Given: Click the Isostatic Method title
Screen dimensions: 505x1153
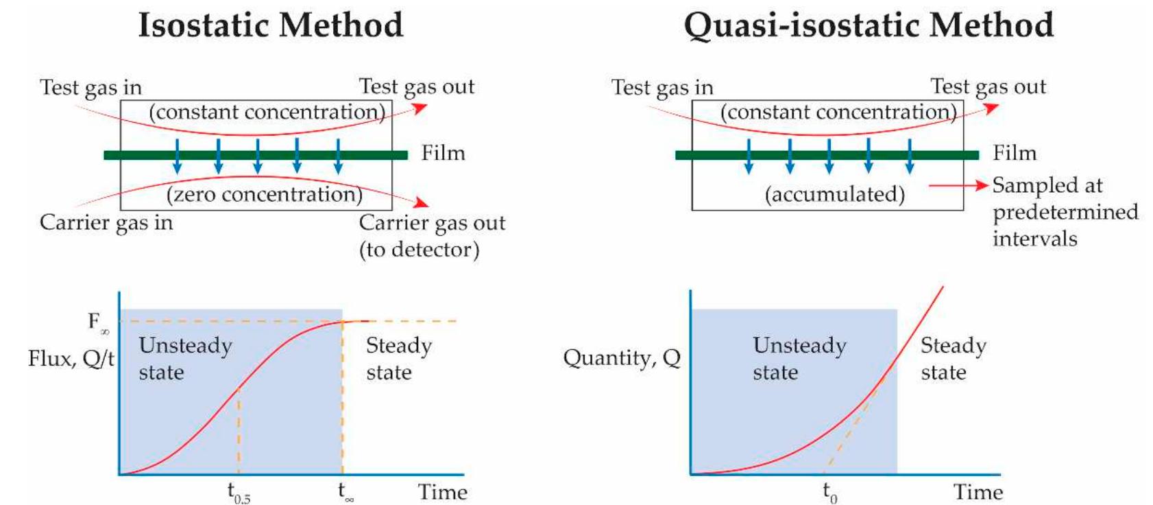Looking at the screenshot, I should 270,25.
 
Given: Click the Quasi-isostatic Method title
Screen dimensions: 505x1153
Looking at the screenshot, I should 868,25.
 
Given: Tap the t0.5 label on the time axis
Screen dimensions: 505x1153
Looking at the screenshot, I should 239,493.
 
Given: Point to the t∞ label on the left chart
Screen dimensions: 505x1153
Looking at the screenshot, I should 345,492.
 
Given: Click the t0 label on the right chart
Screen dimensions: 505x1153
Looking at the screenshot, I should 829,493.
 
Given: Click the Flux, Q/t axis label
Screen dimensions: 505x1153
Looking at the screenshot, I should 71,358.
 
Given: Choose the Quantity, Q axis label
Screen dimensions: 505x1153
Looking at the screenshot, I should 622,358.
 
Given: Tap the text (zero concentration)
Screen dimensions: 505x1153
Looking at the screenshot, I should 264,194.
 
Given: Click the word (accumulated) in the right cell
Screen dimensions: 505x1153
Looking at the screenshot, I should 834,194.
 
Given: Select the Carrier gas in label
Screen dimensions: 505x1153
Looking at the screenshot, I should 106,223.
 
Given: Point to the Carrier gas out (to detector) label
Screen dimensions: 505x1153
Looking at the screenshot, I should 431,236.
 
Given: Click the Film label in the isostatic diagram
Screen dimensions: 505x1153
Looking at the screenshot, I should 443,153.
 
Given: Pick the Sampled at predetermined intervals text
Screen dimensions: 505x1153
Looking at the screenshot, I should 1065,211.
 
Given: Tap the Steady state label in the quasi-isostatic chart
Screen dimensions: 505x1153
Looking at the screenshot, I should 953,358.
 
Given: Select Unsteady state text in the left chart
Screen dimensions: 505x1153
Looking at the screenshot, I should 185,358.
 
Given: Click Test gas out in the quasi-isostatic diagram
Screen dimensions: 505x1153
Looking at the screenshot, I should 988,86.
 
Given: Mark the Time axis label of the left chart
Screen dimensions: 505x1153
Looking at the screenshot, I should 442,492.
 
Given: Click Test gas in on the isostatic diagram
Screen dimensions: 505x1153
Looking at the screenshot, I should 90,88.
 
